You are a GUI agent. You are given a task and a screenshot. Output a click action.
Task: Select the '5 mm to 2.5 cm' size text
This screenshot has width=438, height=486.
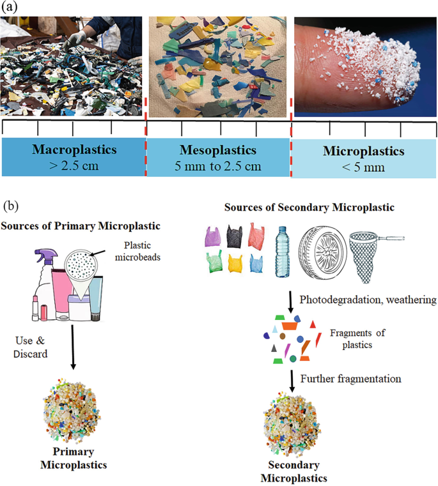pos(218,167)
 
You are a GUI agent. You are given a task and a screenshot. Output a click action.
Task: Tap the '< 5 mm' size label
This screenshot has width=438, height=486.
pos(363,167)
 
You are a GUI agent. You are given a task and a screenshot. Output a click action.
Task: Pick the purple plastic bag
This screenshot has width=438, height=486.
pos(212,238)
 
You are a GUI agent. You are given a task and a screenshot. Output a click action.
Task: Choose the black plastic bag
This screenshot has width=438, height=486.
pos(233,238)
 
